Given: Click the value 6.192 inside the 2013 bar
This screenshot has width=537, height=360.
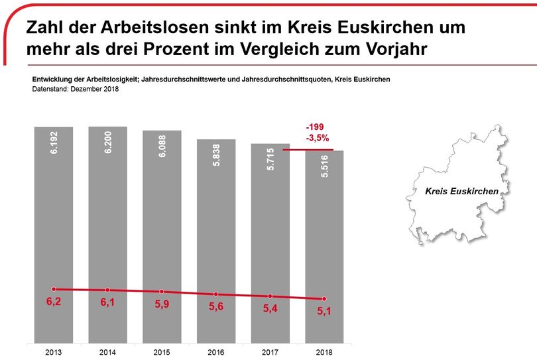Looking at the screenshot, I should click(54, 143).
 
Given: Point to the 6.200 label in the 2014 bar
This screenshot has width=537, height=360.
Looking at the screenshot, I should click(108, 143).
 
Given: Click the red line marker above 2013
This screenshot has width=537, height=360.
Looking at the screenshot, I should click(54, 289).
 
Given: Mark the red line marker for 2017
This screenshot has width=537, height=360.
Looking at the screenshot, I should click(270, 296).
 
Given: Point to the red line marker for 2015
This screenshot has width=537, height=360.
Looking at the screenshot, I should click(162, 292).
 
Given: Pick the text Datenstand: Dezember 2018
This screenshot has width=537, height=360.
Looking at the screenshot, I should click(75, 90).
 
